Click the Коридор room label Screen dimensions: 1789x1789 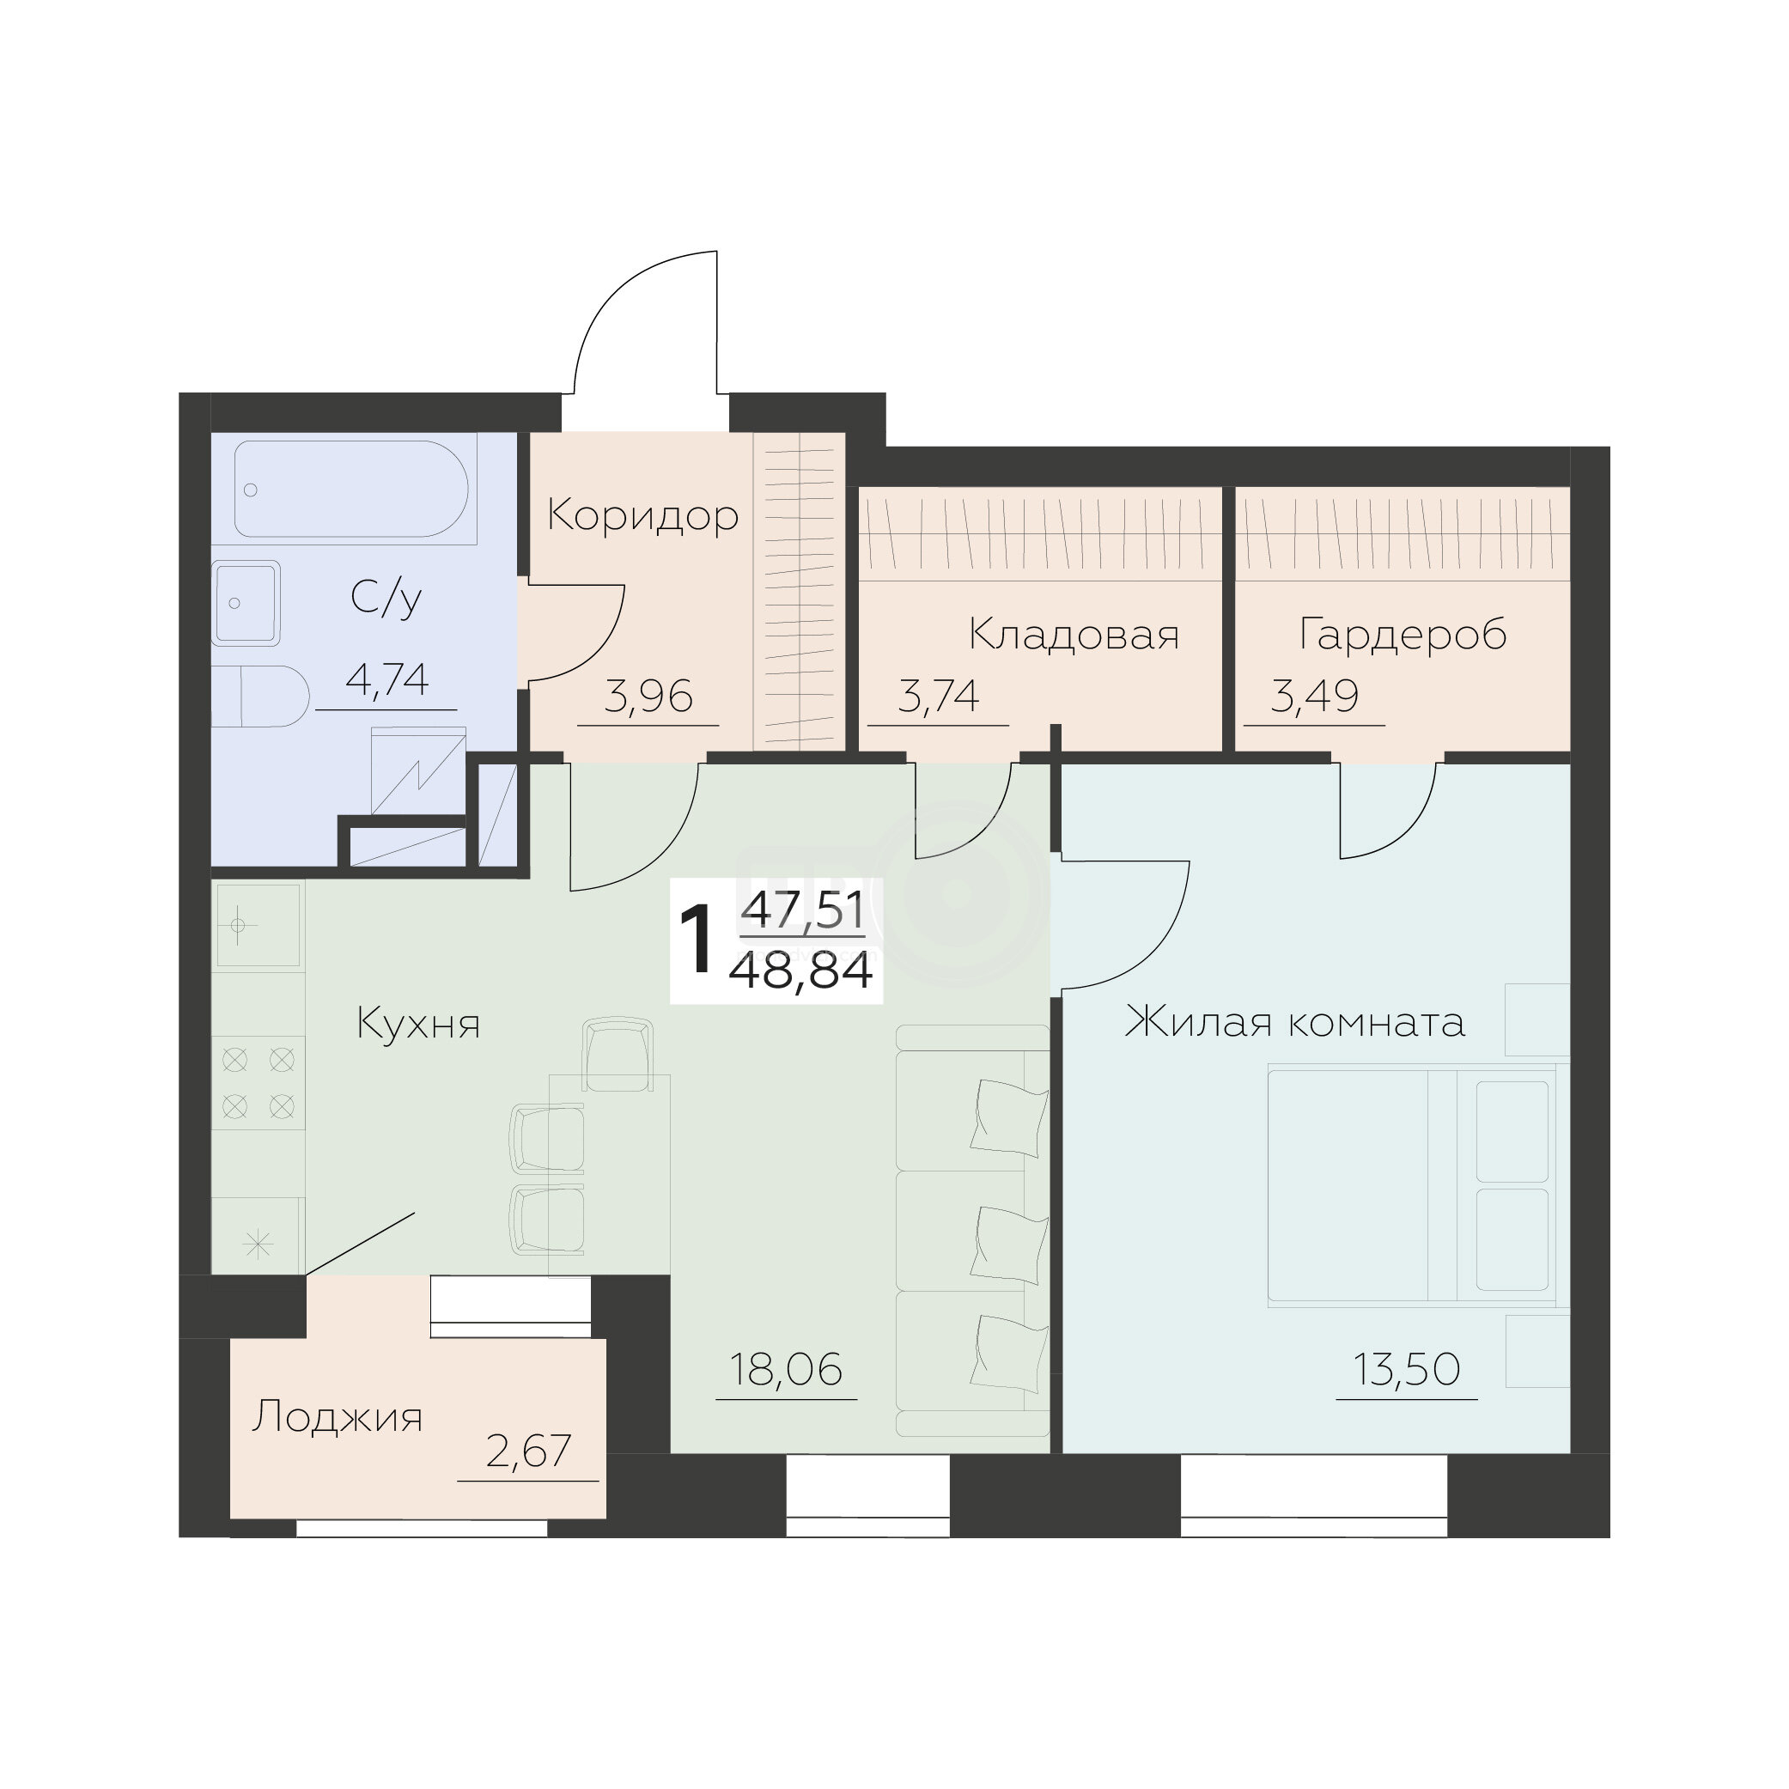642,517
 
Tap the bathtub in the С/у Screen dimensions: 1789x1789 356,488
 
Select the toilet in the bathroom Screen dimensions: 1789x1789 260,696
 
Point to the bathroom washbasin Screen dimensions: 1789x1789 246,603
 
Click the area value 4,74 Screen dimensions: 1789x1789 387,680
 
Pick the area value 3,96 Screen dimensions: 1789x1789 648,697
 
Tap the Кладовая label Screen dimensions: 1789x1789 1074,636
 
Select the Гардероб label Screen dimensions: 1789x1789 1403,636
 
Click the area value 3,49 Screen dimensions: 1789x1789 1315,697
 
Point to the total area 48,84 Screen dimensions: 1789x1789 802,972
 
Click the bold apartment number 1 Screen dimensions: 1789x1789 696,940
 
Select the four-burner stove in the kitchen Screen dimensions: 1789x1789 259,1082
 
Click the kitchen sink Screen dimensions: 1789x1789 259,926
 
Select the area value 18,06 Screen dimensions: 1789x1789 786,1370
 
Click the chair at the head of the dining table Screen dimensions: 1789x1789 618,1055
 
